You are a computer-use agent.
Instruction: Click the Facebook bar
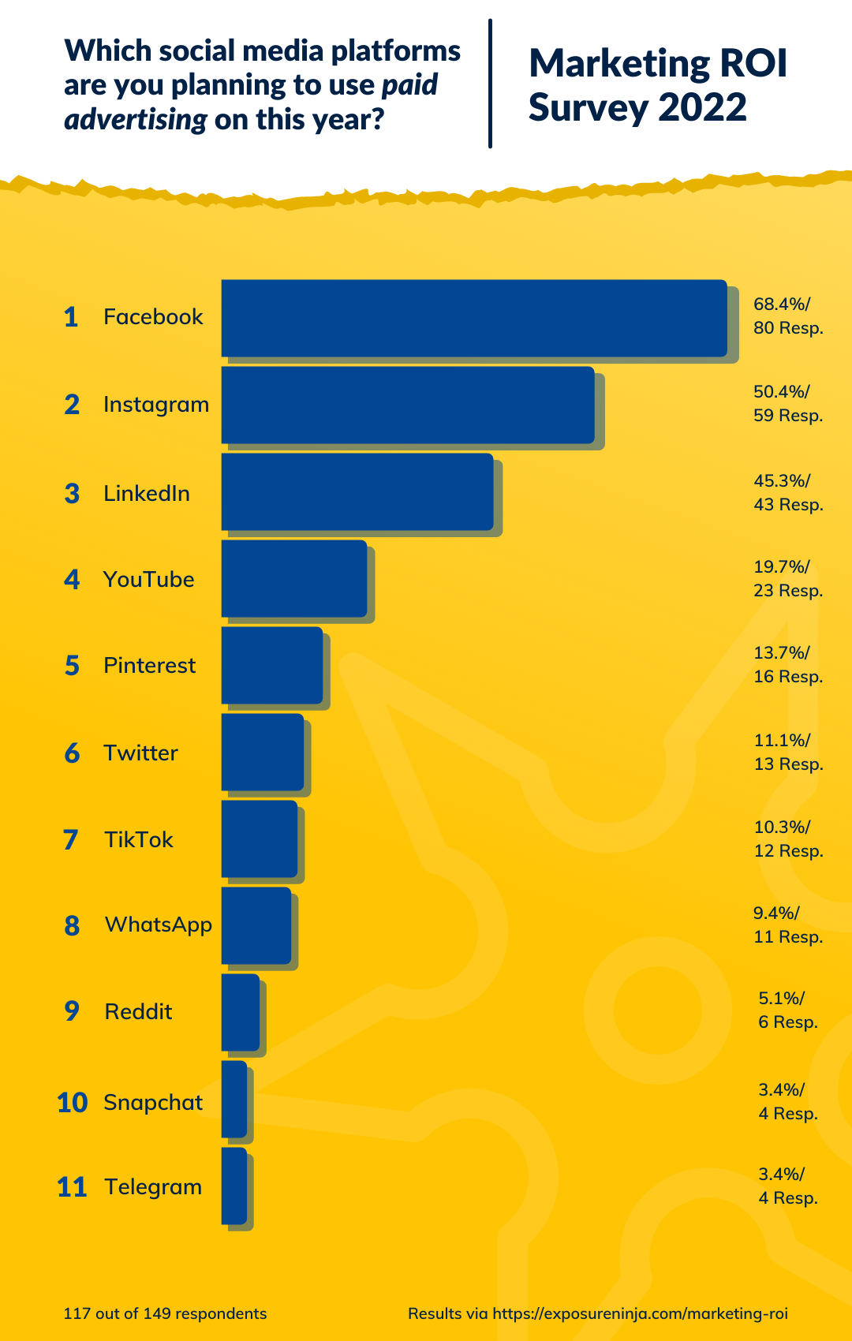473,318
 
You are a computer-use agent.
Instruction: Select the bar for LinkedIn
357,491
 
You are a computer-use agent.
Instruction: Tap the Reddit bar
240,1012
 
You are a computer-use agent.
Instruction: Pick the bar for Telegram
234,1186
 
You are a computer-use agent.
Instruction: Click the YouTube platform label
148,579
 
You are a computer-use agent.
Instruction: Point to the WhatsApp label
158,925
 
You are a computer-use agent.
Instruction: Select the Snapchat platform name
153,1102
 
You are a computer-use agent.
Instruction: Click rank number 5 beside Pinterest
72,666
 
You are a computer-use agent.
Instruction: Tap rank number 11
71,1187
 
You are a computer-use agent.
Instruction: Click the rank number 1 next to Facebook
71,317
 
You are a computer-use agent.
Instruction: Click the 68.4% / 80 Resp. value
787,316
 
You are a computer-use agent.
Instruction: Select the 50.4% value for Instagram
782,392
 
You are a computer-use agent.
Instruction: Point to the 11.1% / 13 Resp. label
787,752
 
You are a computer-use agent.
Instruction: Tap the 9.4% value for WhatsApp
776,913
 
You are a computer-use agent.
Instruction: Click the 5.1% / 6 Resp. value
787,1010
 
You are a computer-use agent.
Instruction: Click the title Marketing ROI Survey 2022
657,85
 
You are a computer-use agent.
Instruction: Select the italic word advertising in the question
136,120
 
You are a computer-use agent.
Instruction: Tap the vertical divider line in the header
490,84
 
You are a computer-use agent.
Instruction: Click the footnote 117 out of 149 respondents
165,1313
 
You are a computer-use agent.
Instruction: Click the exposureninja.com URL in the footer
640,1313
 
